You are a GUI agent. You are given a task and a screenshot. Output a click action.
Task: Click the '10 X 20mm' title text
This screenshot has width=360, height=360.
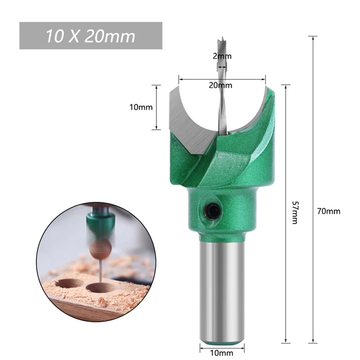pyautogui.click(x=90, y=36)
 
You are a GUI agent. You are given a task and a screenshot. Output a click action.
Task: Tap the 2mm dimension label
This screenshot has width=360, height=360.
pyautogui.click(x=222, y=56)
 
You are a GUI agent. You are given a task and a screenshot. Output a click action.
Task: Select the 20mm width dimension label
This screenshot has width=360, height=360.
pyautogui.click(x=222, y=85)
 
